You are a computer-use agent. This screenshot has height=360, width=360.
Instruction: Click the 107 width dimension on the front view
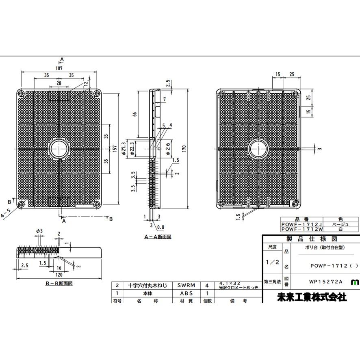[60, 69]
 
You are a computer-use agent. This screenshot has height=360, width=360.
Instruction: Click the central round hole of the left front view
[60, 149]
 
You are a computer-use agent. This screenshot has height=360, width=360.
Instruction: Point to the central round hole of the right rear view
[258, 149]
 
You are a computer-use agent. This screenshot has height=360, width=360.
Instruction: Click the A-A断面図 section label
[158, 236]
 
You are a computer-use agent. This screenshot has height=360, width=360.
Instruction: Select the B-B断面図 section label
[59, 283]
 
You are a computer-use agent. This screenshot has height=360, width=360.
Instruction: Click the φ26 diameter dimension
[167, 149]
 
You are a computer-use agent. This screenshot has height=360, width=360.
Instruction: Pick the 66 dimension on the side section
[135, 115]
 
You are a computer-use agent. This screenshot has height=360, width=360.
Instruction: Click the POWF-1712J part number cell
[301, 224]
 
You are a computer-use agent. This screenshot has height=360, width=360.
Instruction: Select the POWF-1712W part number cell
[301, 230]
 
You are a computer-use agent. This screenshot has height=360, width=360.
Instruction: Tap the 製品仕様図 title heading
[312, 239]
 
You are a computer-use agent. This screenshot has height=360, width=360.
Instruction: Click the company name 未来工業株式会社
[312, 297]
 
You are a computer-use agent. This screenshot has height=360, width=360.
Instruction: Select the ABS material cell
[186, 293]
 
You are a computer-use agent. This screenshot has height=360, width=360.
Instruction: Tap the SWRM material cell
[186, 285]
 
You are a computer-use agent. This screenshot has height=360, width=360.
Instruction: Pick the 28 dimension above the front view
[59, 83]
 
